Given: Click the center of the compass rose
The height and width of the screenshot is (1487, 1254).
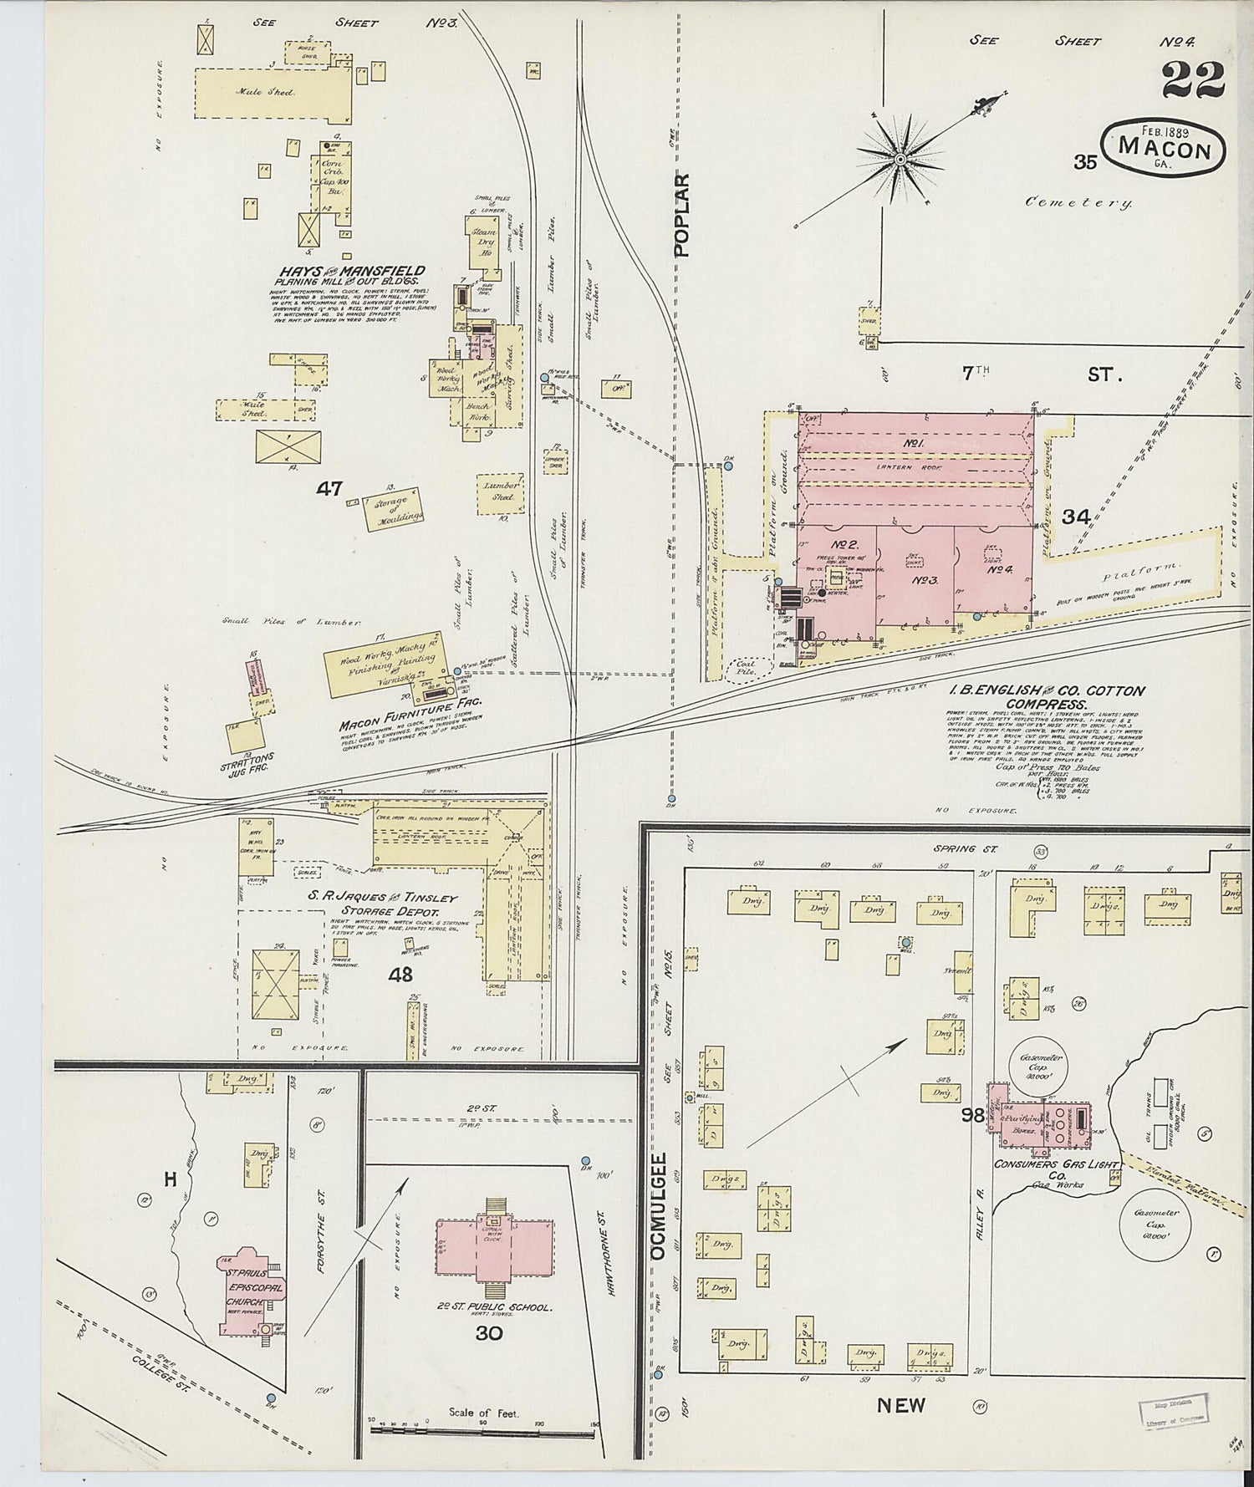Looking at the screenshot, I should (901, 159).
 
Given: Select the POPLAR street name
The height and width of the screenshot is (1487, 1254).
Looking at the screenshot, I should (683, 215).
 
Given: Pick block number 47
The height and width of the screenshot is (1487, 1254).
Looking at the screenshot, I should (329, 489).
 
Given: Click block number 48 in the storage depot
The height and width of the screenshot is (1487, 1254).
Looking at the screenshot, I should (400, 974).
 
